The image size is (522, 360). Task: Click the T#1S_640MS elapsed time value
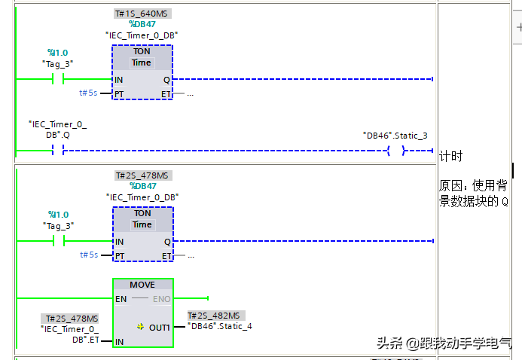click(x=142, y=14)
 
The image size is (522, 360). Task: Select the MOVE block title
click(x=142, y=285)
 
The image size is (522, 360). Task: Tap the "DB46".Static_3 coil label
click(x=395, y=136)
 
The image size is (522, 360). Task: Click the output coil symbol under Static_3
click(x=395, y=151)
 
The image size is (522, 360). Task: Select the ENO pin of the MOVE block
click(x=162, y=299)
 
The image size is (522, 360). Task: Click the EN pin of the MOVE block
click(x=121, y=299)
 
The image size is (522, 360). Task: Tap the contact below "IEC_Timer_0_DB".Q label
click(x=57, y=151)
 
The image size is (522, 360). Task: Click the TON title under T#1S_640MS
click(x=142, y=52)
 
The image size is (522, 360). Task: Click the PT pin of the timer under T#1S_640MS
click(x=119, y=93)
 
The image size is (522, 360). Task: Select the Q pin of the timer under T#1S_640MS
click(x=166, y=79)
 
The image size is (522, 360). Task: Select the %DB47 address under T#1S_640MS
click(x=142, y=24)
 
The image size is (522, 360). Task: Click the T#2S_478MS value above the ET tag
click(x=72, y=319)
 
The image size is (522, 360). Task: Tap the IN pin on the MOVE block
click(x=119, y=342)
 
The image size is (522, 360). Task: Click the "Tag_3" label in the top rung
click(x=57, y=63)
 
